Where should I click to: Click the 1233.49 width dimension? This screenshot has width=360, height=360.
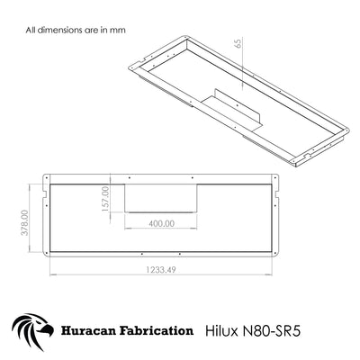click(161, 270)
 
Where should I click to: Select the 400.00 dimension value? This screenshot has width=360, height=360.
click(161, 223)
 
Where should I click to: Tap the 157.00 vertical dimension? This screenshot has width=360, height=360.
click(105, 199)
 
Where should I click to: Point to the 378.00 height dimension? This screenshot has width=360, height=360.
click(24, 222)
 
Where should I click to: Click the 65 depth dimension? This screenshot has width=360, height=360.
click(238, 43)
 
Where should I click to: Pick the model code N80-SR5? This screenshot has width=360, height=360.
click(271, 331)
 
